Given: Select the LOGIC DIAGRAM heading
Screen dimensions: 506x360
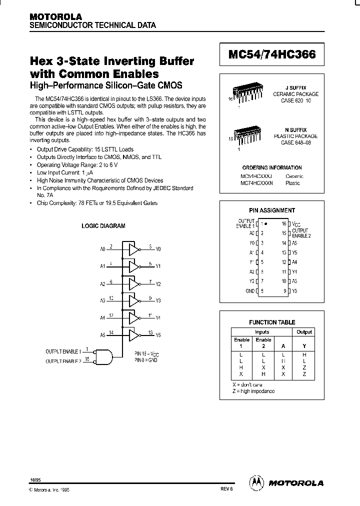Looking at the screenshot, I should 103,226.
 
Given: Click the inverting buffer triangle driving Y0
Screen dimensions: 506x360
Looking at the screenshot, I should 132,248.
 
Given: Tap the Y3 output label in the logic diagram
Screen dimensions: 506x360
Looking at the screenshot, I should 158,301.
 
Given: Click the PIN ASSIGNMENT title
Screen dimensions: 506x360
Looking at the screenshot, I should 272,210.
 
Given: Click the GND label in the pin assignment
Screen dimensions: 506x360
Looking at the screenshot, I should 250,291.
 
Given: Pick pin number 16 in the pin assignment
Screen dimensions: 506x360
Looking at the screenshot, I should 283,223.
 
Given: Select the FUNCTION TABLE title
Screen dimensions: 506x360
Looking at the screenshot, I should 272,322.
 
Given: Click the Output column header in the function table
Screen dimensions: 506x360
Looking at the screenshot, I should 304,332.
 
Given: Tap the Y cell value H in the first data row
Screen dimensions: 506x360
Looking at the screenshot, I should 304,354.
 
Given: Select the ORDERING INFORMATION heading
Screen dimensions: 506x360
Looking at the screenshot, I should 272,168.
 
